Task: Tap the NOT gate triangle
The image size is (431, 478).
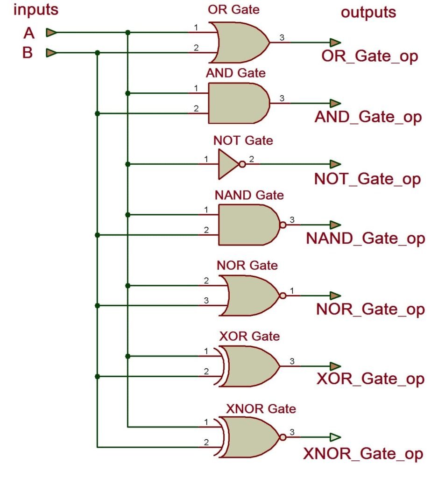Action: (228, 164)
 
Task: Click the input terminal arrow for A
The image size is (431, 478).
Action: (51, 33)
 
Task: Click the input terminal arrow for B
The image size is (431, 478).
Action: (51, 53)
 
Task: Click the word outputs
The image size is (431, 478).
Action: (368, 13)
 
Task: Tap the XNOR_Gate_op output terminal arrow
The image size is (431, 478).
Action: (335, 437)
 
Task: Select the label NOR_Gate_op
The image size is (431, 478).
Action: (370, 309)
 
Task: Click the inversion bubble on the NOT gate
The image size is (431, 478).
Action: (242, 164)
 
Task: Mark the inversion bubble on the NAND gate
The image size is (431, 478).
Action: (283, 225)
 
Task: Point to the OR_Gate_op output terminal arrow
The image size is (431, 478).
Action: (335, 42)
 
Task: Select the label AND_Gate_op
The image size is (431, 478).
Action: (368, 117)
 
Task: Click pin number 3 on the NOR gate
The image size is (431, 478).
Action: (206, 301)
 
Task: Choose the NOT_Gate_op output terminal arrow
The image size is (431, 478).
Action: (335, 164)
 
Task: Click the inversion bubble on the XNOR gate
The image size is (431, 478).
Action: (283, 437)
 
